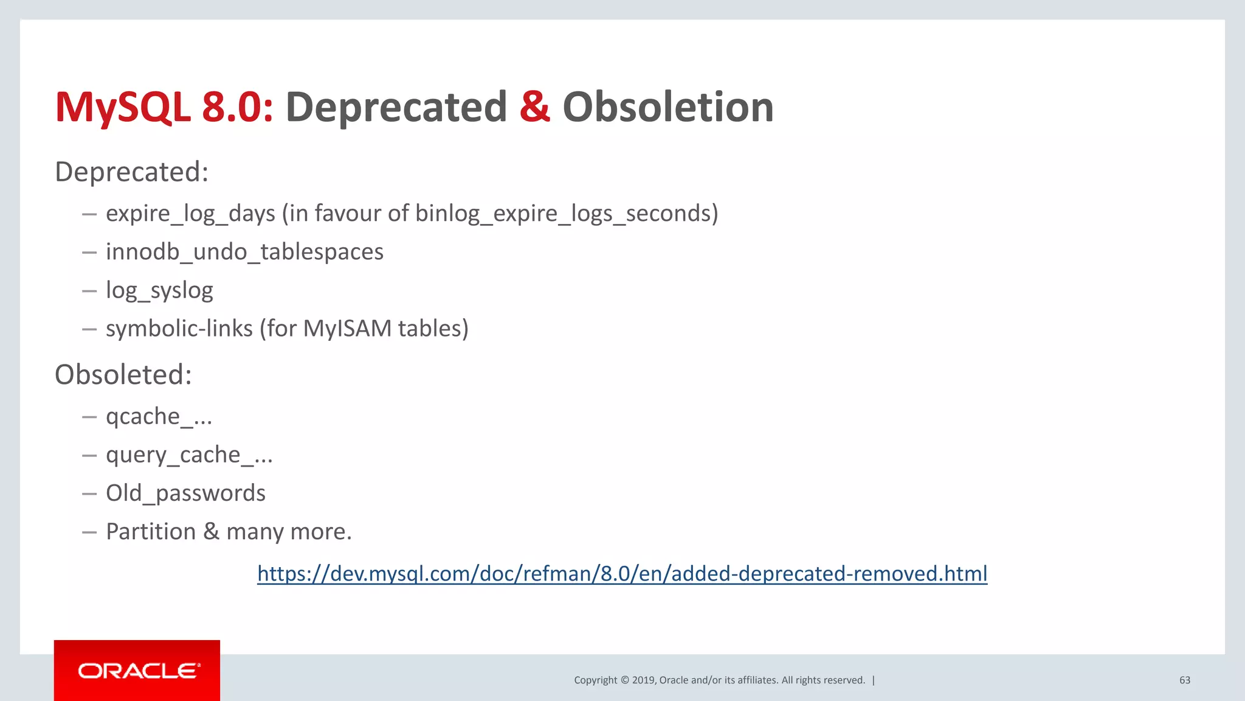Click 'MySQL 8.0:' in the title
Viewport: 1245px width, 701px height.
click(164, 107)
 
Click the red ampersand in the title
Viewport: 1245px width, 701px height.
click(534, 107)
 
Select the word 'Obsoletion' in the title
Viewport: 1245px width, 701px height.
click(667, 107)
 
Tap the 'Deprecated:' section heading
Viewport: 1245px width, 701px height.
click(131, 172)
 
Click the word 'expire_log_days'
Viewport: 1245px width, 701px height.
click(190, 214)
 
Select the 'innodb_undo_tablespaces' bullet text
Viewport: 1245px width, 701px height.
click(244, 252)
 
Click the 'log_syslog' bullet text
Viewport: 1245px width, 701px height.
click(159, 290)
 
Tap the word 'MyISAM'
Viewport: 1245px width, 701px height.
click(347, 329)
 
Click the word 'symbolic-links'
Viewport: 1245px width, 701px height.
click(179, 329)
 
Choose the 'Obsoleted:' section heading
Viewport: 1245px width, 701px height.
click(123, 374)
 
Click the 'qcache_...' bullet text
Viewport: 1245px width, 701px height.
click(159, 417)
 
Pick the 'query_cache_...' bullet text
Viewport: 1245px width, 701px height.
click(189, 455)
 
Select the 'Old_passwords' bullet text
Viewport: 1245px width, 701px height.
click(185, 493)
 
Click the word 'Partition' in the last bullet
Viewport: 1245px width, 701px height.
click(151, 531)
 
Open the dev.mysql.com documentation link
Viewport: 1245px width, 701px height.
click(622, 573)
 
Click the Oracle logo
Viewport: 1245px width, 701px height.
click(137, 671)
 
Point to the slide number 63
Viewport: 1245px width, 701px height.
click(1184, 680)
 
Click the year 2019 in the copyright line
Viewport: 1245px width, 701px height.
click(643, 680)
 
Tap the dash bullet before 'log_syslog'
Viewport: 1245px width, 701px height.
click(89, 291)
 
